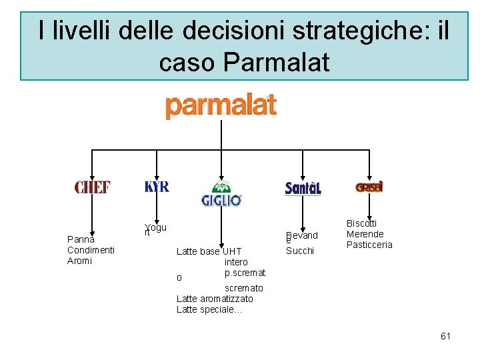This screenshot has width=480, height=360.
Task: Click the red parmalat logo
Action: pyautogui.click(x=221, y=106)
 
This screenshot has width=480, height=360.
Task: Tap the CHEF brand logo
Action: pyautogui.click(x=92, y=187)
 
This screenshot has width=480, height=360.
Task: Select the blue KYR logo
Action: pyautogui.click(x=157, y=187)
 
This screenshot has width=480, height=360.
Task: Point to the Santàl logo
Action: pyautogui.click(x=303, y=189)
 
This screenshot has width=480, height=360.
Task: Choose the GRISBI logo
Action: pyautogui.click(x=369, y=187)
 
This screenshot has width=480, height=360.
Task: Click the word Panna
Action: pyautogui.click(x=81, y=239)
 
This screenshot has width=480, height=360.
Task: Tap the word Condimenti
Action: pyautogui.click(x=91, y=250)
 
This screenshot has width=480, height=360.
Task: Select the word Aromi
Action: pyautogui.click(x=80, y=261)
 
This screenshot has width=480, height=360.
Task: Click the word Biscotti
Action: pyautogui.click(x=361, y=223)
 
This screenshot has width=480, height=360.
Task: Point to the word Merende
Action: pyautogui.click(x=365, y=234)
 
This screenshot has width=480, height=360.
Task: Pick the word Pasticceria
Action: pyautogui.click(x=369, y=245)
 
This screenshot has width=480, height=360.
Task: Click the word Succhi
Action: pyautogui.click(x=300, y=251)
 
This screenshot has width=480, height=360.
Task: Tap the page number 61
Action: pyautogui.click(x=445, y=336)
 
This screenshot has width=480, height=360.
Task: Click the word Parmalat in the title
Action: pyautogui.click(x=277, y=62)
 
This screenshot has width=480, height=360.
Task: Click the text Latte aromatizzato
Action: pyautogui.click(x=215, y=299)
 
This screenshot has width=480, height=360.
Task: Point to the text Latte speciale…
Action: pyautogui.click(x=209, y=309)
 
